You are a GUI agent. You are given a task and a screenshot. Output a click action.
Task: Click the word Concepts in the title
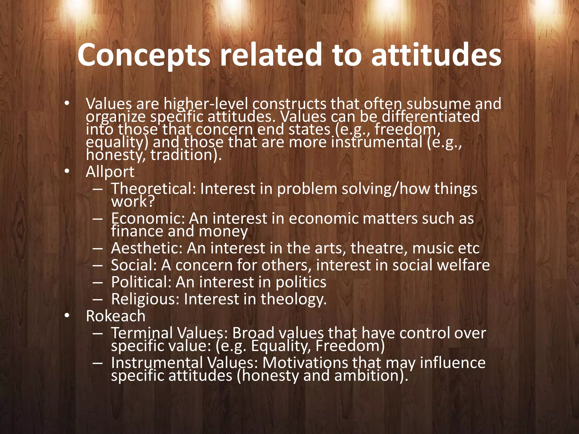144,55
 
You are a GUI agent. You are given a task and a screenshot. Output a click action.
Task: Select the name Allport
110,172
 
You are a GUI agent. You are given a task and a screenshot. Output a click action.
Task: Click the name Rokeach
116,316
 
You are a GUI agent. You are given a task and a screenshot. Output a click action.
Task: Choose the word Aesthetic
147,248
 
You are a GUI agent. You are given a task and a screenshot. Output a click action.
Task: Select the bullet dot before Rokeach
66,316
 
